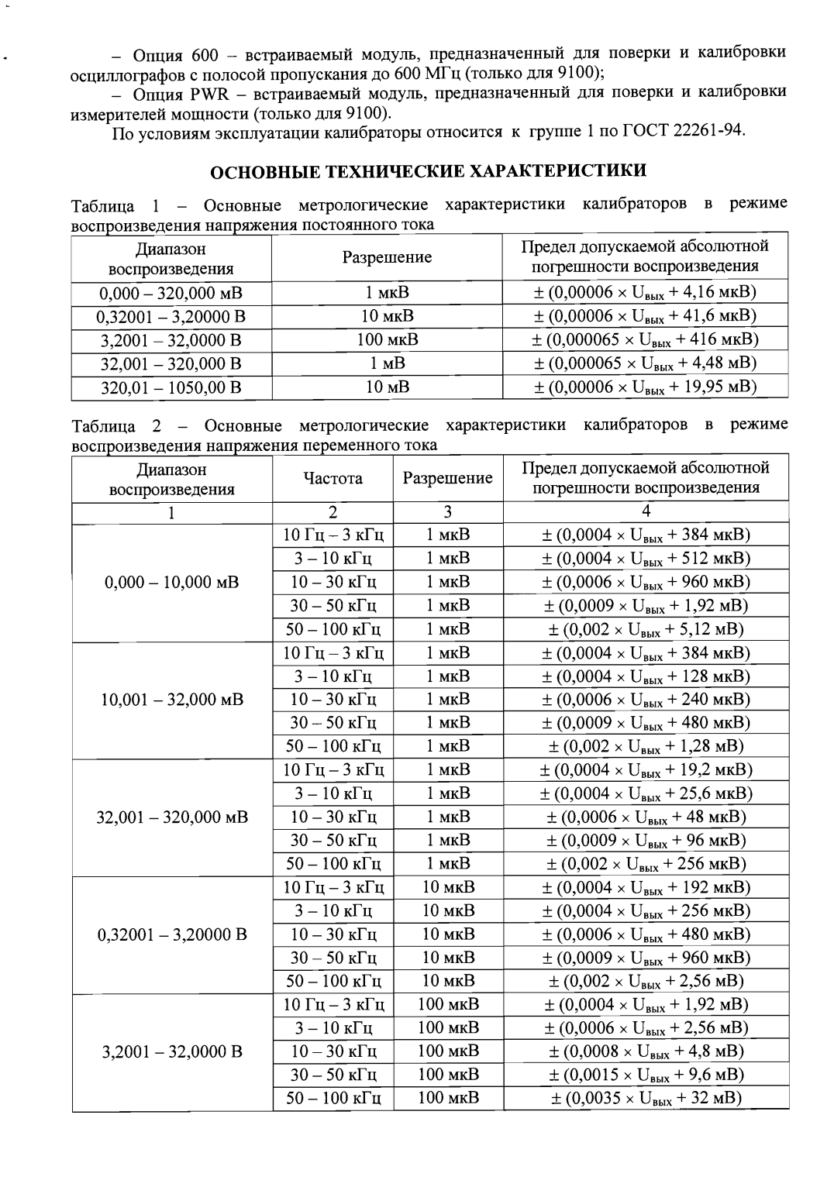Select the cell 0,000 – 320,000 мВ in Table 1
171,293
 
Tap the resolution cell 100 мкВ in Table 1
387,339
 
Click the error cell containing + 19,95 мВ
645,387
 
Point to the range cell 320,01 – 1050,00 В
171,387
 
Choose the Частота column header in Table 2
333,478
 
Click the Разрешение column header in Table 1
387,257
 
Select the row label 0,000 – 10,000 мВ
171,582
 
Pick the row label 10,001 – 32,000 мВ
171,700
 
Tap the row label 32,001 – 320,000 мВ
171,817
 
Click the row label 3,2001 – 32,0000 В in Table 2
171,1051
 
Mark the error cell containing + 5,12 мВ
645,629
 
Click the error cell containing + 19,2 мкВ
645,770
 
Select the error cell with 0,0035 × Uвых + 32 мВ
645,1098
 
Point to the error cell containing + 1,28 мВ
645,746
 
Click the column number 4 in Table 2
645,511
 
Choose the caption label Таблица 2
117,425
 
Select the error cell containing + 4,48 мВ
645,363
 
